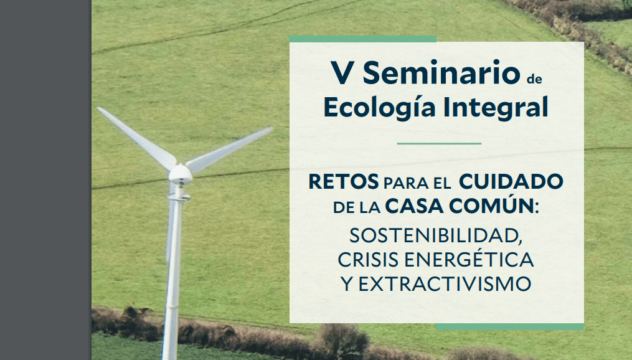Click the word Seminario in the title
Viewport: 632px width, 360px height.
coord(441,73)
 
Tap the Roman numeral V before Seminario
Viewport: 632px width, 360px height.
coord(342,73)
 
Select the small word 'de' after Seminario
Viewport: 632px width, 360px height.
coord(534,78)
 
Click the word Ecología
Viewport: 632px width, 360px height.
coord(380,108)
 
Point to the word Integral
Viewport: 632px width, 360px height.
coord(496,108)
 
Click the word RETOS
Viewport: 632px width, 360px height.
coord(344,182)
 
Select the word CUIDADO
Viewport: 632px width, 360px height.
coord(511,182)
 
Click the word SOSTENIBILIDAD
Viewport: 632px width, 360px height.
coord(436,235)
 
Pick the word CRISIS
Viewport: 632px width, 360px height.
coord(368,260)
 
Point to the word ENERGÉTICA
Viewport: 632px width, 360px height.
coord(469,258)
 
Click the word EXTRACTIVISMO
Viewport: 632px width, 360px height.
coord(445,284)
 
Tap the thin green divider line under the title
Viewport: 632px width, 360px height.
coord(439,143)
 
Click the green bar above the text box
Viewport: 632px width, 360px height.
coord(363,39)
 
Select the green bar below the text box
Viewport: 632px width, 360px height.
coord(510,326)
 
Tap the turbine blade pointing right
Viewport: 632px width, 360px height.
coord(228,150)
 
